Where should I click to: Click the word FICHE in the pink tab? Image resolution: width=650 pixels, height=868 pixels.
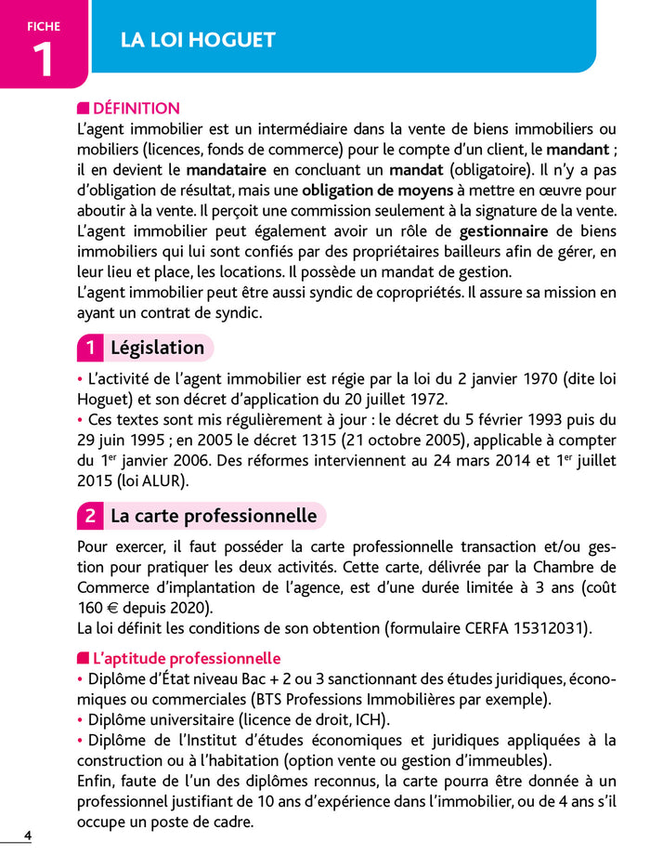click(43, 26)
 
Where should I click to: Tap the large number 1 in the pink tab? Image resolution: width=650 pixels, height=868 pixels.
click(43, 59)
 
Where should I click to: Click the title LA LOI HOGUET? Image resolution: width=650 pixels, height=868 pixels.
click(198, 40)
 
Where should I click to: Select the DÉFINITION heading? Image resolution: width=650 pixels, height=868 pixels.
click(136, 109)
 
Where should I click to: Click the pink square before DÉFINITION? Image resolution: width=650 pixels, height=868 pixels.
click(84, 109)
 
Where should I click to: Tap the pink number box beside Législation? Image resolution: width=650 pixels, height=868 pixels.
click(89, 349)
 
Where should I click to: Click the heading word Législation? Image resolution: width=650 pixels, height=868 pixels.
click(157, 349)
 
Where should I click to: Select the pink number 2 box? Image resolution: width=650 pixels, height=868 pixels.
click(89, 516)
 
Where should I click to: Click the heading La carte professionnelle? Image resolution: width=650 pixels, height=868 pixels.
click(214, 516)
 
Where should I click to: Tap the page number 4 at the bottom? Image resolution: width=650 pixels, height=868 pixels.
click(28, 835)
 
